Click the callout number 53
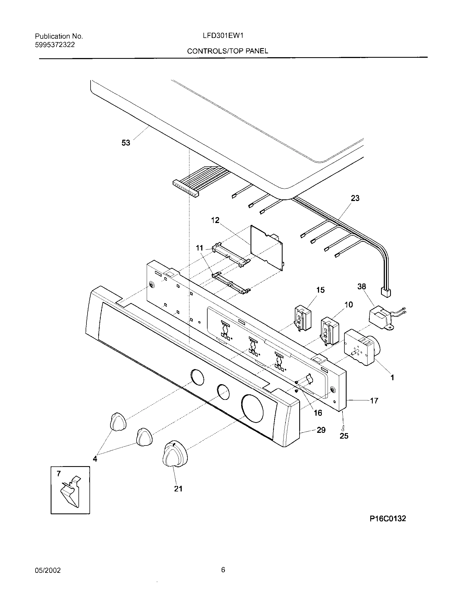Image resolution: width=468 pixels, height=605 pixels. pyautogui.click(x=126, y=143)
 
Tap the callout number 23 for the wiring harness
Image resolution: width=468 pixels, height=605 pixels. pyautogui.click(x=355, y=198)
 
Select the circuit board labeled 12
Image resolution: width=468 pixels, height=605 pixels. pyautogui.click(x=266, y=247)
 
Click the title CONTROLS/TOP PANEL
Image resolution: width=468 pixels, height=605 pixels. pyautogui.click(x=227, y=51)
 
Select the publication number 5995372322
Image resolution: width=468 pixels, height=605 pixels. pyautogui.click(x=55, y=45)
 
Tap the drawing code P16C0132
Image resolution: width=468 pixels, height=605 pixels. pyautogui.click(x=388, y=519)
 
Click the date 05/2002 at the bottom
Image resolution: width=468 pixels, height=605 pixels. pyautogui.click(x=48, y=570)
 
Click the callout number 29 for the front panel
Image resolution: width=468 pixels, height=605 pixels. pyautogui.click(x=321, y=430)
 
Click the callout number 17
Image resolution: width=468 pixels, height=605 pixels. pyautogui.click(x=374, y=401)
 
